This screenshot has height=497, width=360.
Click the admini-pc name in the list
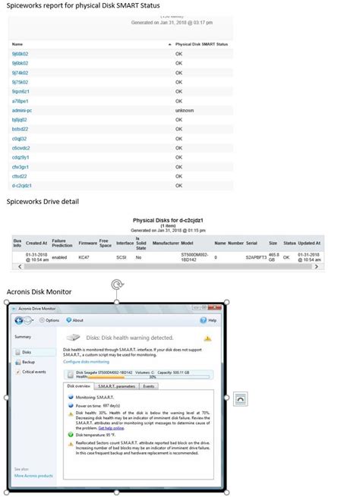pos(21,110)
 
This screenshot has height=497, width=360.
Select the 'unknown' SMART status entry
pos(183,110)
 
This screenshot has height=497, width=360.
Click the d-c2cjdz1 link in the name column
pos(21,184)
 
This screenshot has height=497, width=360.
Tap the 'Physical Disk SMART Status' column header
pos(201,45)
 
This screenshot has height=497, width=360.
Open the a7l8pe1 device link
pos(20,100)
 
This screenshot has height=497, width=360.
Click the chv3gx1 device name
pos(21,166)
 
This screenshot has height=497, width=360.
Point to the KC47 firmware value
pos(84,257)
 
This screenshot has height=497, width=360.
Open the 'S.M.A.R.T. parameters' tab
pos(116,386)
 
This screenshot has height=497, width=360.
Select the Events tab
pos(149,386)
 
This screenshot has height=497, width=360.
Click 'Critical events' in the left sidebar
pos(33,372)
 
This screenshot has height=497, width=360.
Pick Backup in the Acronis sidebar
pos(28,362)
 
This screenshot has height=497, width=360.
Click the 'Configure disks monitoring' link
pos(91,361)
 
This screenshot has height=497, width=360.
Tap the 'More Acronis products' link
pos(33,476)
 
